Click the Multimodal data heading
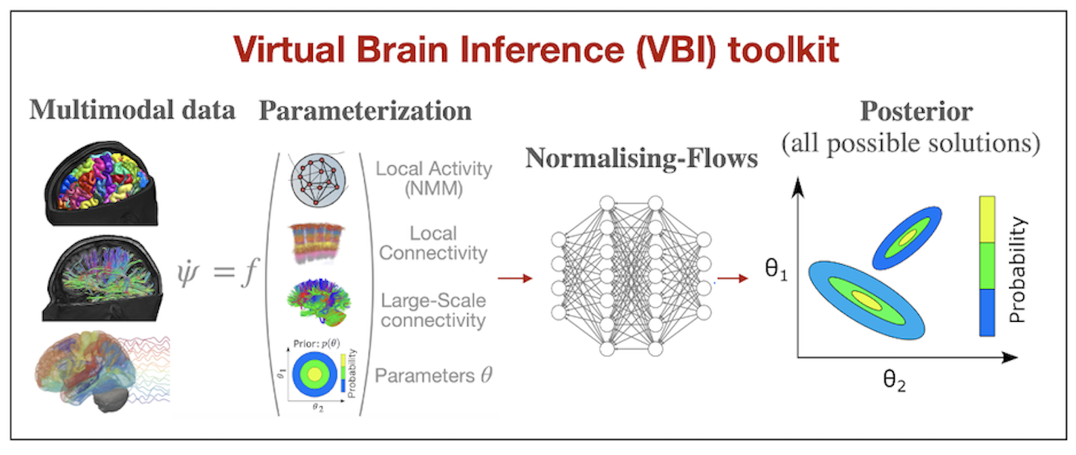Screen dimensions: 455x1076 (x=132, y=110)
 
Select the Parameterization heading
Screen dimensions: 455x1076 (x=365, y=111)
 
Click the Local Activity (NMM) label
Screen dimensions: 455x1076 (x=433, y=178)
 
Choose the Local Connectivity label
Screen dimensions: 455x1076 (x=433, y=243)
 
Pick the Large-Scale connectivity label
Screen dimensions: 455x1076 (x=433, y=311)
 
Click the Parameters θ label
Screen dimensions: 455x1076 (x=433, y=375)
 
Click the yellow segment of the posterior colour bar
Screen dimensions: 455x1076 (x=987, y=220)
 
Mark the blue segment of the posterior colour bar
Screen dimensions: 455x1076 (x=987, y=312)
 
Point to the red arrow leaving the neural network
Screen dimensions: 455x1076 (x=732, y=279)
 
